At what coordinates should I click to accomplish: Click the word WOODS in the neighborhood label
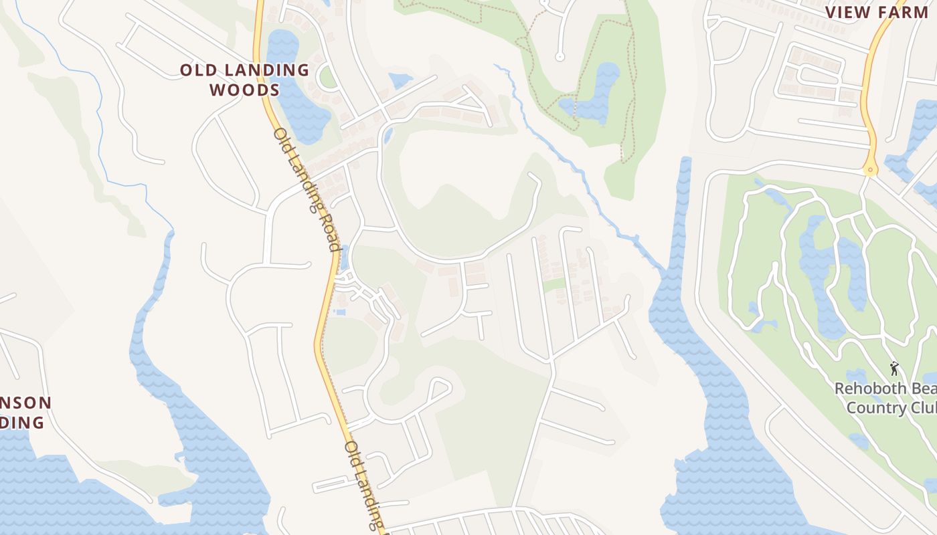click(244, 90)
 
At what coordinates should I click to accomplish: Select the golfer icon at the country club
click(893, 368)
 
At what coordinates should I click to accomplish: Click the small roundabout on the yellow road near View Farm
click(869, 170)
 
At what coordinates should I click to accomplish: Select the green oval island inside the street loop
click(327, 78)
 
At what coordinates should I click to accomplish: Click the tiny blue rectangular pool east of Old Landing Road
click(340, 312)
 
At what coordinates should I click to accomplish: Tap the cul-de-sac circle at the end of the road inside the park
click(560, 56)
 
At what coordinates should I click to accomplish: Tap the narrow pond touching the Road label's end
click(344, 257)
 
